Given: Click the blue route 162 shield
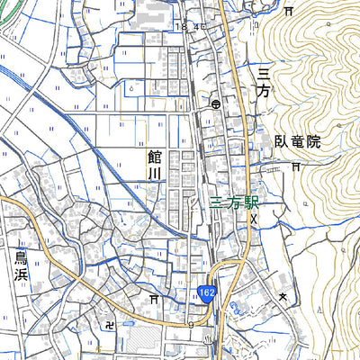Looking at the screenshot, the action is pyautogui.click(x=208, y=293).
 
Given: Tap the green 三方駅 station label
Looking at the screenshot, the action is pyautogui.click(x=233, y=204).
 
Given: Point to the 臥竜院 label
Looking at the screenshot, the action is pyautogui.click(x=297, y=142).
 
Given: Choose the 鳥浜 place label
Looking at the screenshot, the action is pyautogui.click(x=22, y=270).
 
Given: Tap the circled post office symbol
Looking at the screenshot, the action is pyautogui.click(x=217, y=104).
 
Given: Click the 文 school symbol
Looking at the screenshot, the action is pyautogui.click(x=283, y=296).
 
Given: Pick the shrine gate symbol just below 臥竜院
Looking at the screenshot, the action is pyautogui.click(x=297, y=166).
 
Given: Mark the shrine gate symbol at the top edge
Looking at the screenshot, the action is pyautogui.click(x=289, y=12).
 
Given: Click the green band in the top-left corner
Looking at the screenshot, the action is pyautogui.click(x=7, y=18).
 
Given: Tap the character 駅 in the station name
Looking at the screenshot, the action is pyautogui.click(x=250, y=204).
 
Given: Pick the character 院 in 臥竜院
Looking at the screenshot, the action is pyautogui.click(x=312, y=142).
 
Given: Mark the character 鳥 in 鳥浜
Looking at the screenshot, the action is pyautogui.click(x=22, y=260).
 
